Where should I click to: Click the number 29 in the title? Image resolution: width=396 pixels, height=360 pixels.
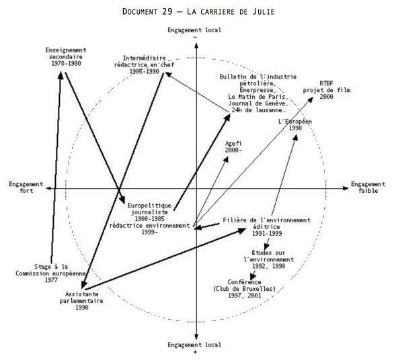pos(167,11)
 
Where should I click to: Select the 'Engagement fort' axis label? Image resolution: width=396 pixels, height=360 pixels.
pos(26,187)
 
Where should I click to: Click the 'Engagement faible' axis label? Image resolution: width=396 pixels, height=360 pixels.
pos(368,187)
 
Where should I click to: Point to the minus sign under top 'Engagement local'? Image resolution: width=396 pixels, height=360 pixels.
pos(195,38)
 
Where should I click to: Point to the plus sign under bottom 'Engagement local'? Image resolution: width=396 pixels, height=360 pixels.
pos(195,352)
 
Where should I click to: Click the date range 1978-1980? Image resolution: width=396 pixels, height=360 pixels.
pos(66,63)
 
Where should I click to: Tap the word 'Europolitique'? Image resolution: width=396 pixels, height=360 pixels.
pos(149,206)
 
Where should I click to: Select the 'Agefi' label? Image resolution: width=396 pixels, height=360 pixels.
pos(233,144)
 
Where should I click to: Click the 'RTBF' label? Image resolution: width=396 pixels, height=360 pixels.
pos(326,83)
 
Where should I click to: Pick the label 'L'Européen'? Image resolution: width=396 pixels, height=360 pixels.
pos(295,122)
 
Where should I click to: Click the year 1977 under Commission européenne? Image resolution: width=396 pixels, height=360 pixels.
pos(51,280)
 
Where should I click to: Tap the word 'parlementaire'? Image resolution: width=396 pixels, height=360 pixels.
pos(81,301)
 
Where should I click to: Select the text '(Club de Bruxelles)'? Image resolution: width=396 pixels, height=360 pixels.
pos(244,289)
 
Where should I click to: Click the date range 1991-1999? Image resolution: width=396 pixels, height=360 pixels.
pos(267,233)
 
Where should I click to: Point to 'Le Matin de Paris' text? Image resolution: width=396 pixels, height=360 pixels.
pos(258,97)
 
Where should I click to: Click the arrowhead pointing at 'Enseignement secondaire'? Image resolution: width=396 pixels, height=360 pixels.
pos(61,75)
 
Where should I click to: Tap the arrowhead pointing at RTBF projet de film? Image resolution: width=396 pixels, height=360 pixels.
pos(310,100)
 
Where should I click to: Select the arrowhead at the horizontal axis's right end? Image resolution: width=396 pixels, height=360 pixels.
pos(346,188)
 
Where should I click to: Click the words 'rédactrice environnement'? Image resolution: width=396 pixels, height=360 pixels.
pos(149,225)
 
